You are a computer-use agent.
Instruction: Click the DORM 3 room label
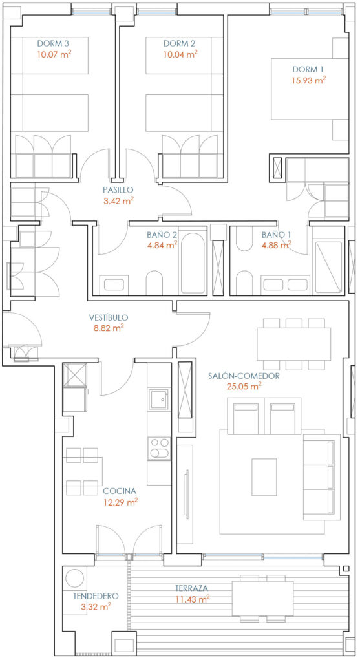53,43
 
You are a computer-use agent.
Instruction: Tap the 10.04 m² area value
180,54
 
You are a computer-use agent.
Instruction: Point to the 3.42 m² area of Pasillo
118,201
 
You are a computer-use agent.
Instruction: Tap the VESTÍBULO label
109,317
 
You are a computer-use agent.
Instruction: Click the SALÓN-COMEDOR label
244,376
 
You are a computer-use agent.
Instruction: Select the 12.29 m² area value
121,502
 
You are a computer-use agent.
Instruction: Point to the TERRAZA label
192,588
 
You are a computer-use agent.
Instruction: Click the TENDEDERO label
96,596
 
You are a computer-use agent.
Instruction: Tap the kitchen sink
159,399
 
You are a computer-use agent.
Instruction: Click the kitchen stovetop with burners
159,449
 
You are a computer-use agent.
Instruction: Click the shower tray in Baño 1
328,267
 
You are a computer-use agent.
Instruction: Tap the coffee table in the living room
264,477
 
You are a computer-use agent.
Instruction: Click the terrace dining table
262,598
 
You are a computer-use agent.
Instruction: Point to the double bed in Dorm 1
310,89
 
